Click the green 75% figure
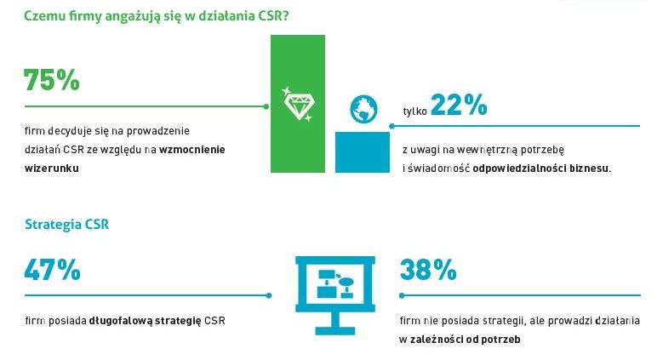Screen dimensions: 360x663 52,80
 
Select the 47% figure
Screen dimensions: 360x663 52,270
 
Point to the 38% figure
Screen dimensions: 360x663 428,270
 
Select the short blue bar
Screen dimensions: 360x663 362,151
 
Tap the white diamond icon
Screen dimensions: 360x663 297,104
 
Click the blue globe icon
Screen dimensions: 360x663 363,109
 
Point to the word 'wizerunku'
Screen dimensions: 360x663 52,169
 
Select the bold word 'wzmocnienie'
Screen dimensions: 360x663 198,150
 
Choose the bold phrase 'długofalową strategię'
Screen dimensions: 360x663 145,321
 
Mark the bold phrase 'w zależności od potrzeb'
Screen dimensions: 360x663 460,340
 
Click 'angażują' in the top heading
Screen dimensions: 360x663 109,14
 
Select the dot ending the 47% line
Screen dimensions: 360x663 269,296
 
